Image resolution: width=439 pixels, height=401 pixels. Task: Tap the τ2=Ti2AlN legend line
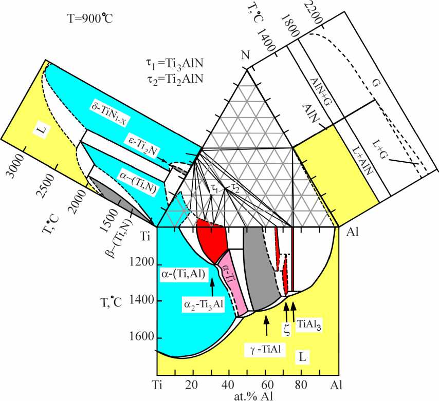pos(174,79)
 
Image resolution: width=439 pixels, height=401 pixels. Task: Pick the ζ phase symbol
pos(287,329)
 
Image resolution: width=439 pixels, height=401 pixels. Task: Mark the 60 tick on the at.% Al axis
pos(266,385)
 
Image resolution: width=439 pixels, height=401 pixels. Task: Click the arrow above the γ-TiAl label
pos(266,320)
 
